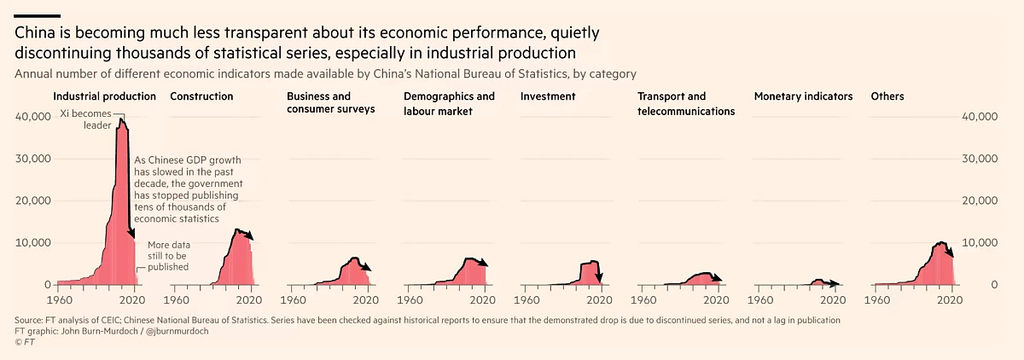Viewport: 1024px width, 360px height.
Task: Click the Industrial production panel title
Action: pyautogui.click(x=104, y=96)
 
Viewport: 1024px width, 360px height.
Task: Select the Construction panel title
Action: pyautogui.click(x=201, y=96)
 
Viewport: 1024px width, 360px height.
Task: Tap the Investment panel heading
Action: pyautogui.click(x=548, y=96)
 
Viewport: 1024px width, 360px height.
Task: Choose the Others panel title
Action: pyautogui.click(x=887, y=96)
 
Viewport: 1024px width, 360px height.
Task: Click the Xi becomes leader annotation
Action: pyautogui.click(x=85, y=119)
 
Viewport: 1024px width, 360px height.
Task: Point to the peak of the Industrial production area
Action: pyautogui.click(x=121, y=120)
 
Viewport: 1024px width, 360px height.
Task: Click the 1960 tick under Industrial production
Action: pyautogui.click(x=58, y=299)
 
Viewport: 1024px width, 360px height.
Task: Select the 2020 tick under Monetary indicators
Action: pyautogui.click(x=834, y=299)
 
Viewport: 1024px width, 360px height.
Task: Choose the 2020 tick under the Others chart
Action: pyautogui.click(x=950, y=299)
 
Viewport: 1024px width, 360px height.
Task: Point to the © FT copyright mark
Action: pyautogui.click(x=23, y=341)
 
